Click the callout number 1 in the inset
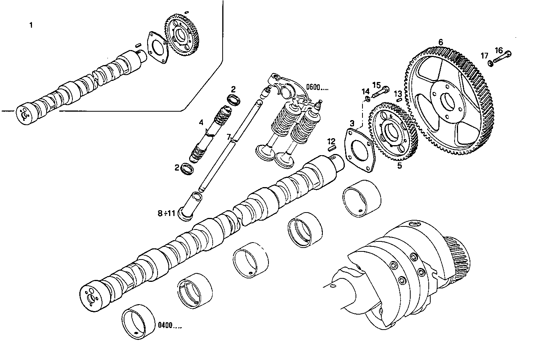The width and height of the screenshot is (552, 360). [x=31, y=25]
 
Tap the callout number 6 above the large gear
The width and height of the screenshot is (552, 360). [x=441, y=42]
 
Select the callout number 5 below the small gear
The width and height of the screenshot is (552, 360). [x=399, y=166]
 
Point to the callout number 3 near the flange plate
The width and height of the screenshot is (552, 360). [x=352, y=123]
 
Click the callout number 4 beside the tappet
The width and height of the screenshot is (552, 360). [x=201, y=122]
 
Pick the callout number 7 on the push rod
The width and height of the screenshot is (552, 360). [x=228, y=137]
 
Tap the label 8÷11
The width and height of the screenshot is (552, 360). [x=166, y=213]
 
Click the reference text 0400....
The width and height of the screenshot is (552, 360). [x=169, y=325]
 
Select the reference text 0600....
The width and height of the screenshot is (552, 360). [x=317, y=88]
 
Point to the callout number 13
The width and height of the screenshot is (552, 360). [x=398, y=93]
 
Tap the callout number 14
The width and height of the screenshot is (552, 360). [x=365, y=91]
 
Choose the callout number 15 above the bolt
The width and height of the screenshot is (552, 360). [x=376, y=85]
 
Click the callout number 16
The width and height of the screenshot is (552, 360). [x=498, y=50]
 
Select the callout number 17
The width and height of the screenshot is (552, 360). [x=484, y=56]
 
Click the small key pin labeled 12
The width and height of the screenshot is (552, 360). [x=332, y=147]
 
